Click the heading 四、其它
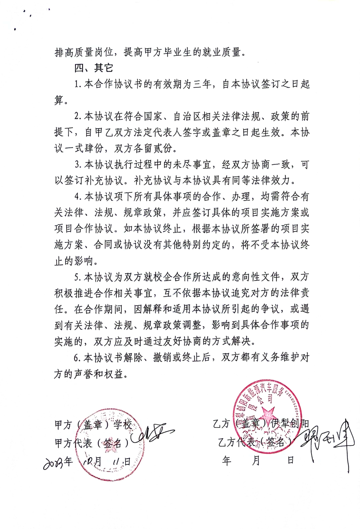click(94, 68)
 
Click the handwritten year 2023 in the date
click(58, 463)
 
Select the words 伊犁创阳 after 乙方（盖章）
click(290, 423)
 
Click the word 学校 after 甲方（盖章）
click(123, 425)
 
